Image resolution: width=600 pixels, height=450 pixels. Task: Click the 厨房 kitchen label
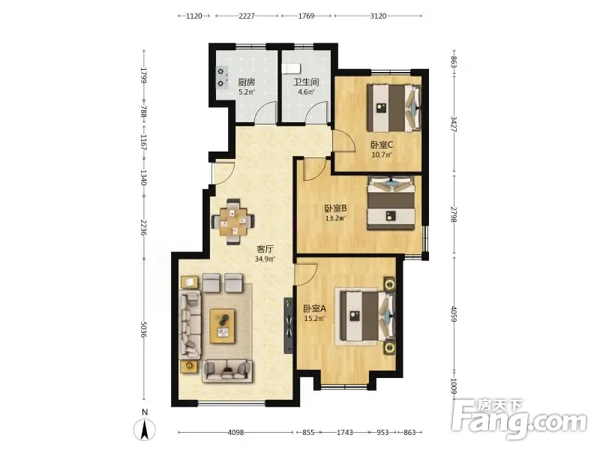pos(247,82)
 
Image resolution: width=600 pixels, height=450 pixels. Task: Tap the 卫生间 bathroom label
pos(306,82)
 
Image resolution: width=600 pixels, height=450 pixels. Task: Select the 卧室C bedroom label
pos(382,145)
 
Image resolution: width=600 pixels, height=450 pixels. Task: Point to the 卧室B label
pos(335,208)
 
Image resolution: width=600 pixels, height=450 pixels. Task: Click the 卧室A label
pos(314,308)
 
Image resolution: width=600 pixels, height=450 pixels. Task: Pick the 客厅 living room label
pos(265,249)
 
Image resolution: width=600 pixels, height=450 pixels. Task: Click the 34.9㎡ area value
pos(265,259)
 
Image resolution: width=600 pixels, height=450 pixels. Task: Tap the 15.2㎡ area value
pos(314,318)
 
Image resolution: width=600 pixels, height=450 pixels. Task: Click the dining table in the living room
pos(233,221)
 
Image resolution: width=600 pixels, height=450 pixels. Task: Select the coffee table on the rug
pos(222,326)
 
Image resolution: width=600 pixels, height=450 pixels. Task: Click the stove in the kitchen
pos(221,78)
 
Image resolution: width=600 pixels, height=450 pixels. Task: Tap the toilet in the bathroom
pos(292,69)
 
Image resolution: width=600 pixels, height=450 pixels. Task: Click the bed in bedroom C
pos(394,108)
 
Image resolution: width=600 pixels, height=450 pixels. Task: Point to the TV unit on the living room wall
pos(288,325)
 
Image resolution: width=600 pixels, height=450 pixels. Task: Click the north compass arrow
pos(145,430)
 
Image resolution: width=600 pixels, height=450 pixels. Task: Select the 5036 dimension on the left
pos(144,329)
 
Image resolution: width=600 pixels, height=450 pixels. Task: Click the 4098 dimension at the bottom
pos(235,433)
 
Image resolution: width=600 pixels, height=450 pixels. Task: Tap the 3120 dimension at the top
pos(378,16)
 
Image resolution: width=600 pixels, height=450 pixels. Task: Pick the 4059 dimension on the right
pos(454,313)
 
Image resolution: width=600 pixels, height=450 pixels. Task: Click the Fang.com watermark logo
pos(519,418)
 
